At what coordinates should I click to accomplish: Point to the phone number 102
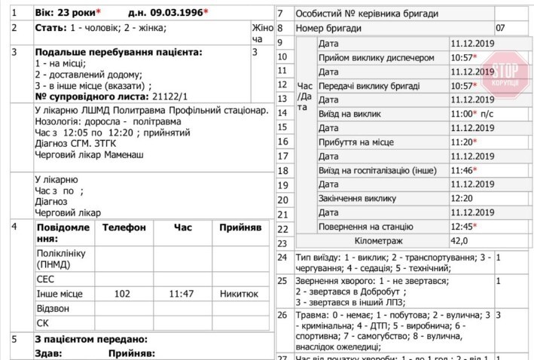(122, 294)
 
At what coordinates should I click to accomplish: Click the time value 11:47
(182, 294)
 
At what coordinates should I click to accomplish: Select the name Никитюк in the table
(240, 294)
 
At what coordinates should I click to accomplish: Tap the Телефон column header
(124, 227)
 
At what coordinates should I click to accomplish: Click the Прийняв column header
(240, 227)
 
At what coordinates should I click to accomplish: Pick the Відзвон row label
(52, 309)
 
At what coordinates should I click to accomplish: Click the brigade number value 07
(500, 29)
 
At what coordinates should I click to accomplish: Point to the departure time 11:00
(462, 114)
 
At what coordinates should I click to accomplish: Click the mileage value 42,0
(459, 241)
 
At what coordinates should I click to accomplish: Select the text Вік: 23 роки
(65, 14)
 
